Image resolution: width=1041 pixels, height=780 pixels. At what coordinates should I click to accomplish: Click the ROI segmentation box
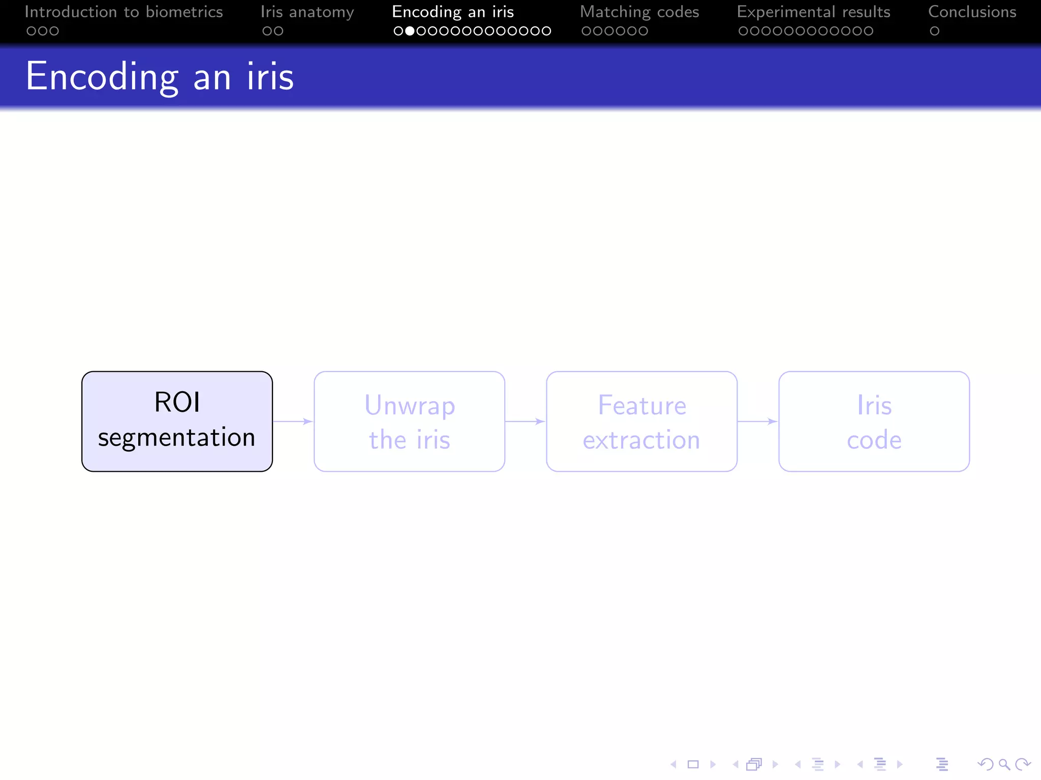coord(177,421)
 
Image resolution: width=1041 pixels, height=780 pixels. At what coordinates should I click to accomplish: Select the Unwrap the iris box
coord(409,421)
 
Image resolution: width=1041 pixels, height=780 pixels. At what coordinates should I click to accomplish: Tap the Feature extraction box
coord(641,421)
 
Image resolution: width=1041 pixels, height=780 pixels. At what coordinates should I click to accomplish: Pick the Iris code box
coord(874,421)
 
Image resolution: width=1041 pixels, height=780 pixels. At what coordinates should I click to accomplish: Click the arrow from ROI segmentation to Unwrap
coord(293,421)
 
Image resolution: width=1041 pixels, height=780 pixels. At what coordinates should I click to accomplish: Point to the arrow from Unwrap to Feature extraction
coord(525,421)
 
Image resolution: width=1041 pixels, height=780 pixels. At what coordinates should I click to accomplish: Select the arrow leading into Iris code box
coord(757,421)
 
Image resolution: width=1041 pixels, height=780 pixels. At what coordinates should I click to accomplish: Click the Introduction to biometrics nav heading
coord(124,12)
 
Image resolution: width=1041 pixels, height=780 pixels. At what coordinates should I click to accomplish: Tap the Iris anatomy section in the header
coord(307,12)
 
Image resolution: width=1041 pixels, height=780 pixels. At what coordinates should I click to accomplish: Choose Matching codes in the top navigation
coord(639,12)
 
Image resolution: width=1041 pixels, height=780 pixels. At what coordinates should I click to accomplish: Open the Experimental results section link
coord(813,12)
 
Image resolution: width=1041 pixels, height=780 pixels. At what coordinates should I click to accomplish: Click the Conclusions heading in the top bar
coord(972,12)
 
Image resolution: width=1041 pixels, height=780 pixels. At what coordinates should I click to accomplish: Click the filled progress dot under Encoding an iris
coord(409,31)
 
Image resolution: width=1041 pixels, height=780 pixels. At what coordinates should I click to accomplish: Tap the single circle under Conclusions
coord(934,31)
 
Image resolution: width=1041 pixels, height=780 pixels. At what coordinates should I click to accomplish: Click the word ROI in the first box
coord(177,402)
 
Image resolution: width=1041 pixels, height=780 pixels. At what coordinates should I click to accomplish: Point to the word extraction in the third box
coord(641,440)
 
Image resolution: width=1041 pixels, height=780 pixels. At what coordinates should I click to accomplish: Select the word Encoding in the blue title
coord(102,77)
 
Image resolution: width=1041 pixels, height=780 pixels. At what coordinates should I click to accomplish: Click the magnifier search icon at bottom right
coord(1004,764)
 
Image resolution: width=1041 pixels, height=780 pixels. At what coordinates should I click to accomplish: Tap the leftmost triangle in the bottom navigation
coord(673,764)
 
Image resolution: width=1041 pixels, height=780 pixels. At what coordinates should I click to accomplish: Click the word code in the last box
coord(874,440)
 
